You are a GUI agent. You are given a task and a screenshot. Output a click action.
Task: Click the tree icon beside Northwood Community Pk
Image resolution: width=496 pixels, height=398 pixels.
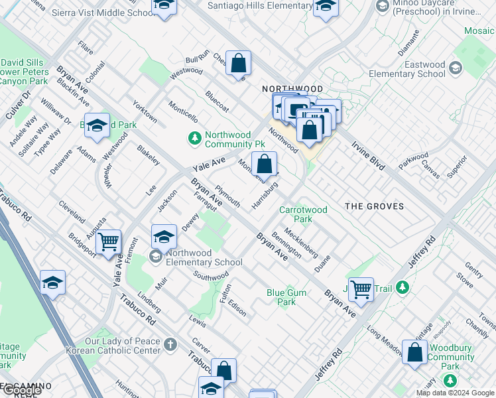(195, 139)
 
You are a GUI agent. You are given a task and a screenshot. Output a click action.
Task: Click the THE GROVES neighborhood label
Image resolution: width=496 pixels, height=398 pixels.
(374, 206)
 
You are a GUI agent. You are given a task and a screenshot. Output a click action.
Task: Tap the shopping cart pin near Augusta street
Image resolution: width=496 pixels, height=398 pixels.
(108, 242)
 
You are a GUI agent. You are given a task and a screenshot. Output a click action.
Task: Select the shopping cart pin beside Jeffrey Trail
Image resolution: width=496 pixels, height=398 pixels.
(361, 289)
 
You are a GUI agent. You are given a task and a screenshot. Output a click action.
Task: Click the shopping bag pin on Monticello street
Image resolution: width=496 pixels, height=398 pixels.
(264, 163)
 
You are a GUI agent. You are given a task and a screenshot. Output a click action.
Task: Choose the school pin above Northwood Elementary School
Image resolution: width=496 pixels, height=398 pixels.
(164, 236)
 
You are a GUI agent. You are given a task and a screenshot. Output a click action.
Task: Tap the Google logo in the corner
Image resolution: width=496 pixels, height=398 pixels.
(21, 390)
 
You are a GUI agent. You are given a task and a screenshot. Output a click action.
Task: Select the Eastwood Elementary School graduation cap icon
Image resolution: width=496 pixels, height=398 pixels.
(456, 67)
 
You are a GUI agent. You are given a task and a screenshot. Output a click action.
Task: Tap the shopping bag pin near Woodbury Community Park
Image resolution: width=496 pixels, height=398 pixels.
(414, 354)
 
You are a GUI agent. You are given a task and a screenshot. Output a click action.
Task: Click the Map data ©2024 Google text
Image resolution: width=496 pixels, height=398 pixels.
(455, 393)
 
